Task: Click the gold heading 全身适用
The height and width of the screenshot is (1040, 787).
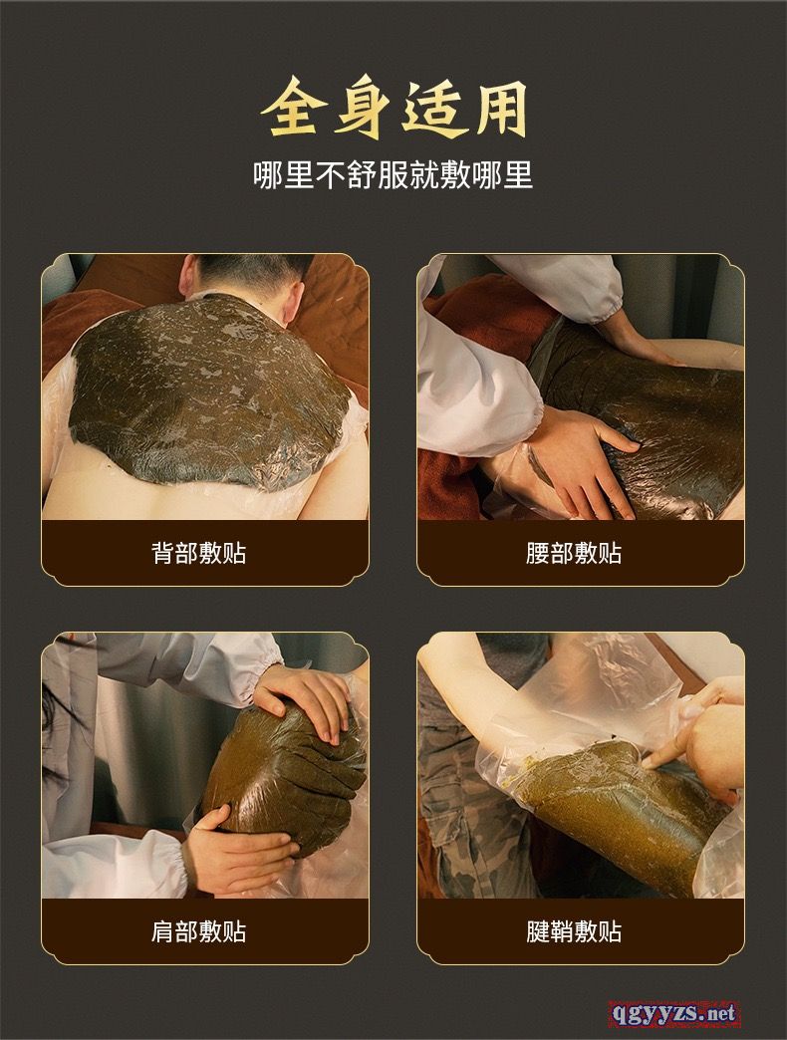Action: (393, 109)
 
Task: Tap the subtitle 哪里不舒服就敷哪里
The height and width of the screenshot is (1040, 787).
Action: (393, 175)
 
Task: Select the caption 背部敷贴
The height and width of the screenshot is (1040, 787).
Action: (199, 553)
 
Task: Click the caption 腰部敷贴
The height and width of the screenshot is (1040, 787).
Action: (574, 553)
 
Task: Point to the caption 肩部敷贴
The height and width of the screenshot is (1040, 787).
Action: (199, 931)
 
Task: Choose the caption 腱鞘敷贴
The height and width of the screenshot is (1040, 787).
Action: (574, 931)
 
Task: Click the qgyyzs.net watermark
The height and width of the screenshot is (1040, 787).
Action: (673, 1013)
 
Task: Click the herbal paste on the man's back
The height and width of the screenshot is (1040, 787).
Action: (209, 391)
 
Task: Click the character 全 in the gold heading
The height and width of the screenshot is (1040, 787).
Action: (293, 109)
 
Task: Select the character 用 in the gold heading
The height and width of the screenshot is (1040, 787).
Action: (498, 109)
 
